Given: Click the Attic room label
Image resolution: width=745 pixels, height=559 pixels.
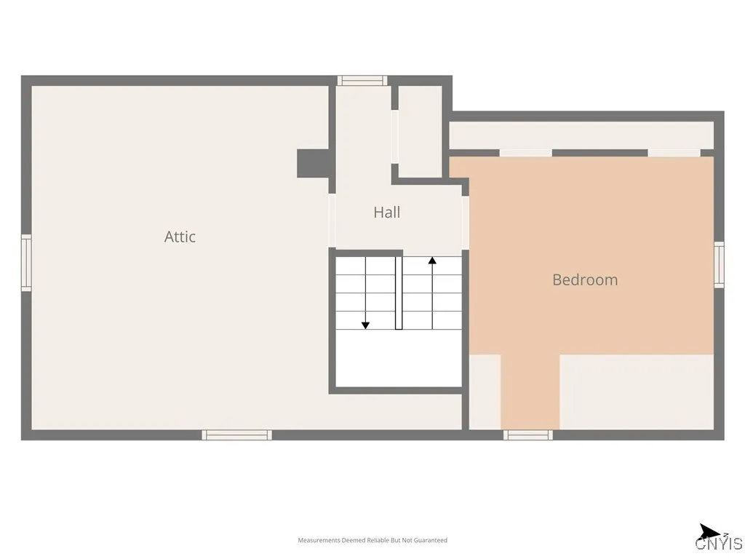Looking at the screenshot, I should click(180, 237).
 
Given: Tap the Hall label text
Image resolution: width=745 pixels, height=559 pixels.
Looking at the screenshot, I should click(386, 213).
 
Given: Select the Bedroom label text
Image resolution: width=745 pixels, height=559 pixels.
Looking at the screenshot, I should click(585, 279).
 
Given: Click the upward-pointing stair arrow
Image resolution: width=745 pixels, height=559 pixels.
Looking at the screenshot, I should click(432, 261).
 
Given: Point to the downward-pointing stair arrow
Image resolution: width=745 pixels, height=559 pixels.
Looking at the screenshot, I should click(365, 325).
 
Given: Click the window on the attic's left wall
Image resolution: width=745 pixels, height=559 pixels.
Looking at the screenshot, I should click(26, 263).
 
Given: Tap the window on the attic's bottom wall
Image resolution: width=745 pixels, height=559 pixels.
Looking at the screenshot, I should click(236, 435).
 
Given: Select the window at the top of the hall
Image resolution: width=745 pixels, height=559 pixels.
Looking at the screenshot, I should click(362, 81).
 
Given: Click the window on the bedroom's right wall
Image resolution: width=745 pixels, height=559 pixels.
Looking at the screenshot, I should click(719, 265).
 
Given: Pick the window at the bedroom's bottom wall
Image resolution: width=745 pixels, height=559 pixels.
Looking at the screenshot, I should click(528, 435).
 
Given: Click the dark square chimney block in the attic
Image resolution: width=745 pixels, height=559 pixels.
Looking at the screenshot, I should click(313, 163).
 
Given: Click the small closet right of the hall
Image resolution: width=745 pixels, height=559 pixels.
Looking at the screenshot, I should click(421, 131).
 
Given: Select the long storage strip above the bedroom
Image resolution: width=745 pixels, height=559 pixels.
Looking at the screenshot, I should click(581, 135).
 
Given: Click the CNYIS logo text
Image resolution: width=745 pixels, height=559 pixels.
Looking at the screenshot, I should click(719, 544).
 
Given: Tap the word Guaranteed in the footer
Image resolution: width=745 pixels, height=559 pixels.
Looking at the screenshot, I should click(432, 540).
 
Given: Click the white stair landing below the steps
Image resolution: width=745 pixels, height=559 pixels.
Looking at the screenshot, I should click(399, 357).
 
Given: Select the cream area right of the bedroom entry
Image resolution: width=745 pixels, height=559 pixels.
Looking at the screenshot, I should click(636, 392).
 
